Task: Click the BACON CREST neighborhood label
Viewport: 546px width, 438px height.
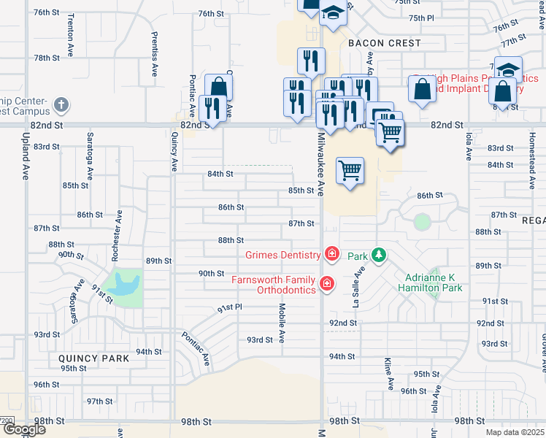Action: coord(384,43)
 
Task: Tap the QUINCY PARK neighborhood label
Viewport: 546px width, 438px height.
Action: coord(93,358)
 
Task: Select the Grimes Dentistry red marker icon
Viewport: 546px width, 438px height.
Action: coord(332,254)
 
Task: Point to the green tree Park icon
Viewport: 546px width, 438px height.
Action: coord(378,255)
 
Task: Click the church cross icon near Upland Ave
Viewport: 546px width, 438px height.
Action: coord(61,105)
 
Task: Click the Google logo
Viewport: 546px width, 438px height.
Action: coord(23,429)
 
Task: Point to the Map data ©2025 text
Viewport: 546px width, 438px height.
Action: coord(515,432)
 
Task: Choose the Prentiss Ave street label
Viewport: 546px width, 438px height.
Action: coord(155,55)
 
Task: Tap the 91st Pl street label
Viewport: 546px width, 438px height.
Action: coord(228,309)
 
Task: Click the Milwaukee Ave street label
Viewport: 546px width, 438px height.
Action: coord(320,169)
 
